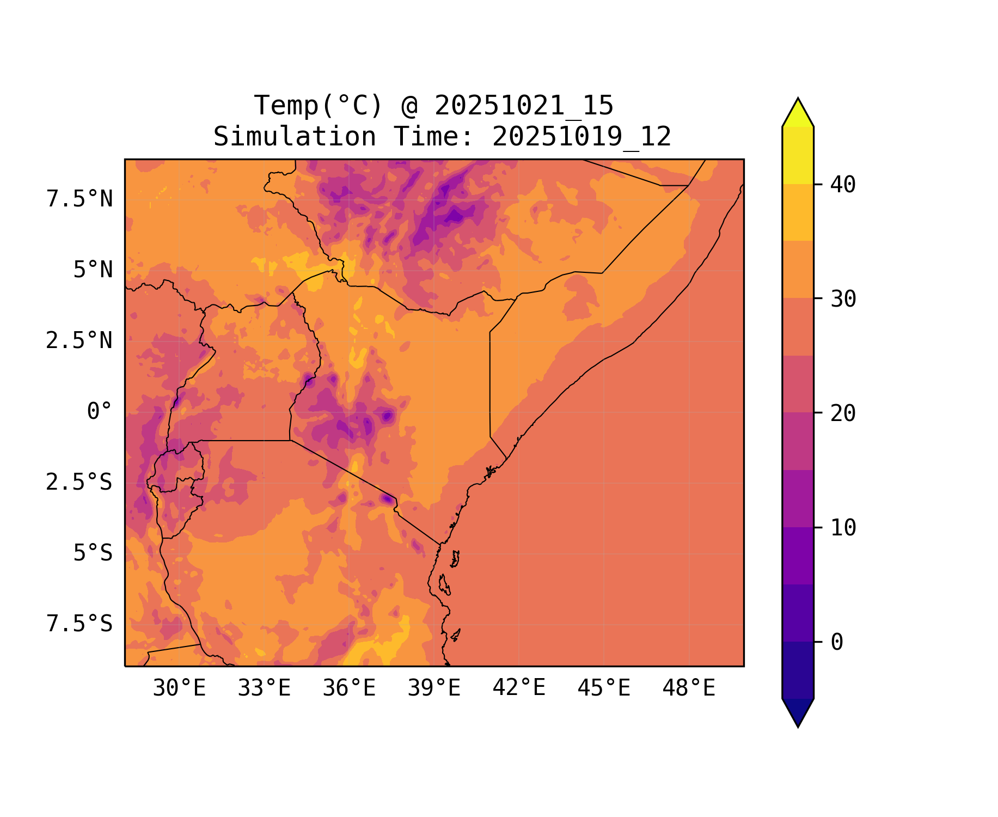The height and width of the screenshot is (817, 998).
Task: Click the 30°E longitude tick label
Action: point(179,688)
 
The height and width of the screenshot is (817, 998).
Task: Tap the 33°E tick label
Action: point(264,688)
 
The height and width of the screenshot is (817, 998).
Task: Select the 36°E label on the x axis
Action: point(349,688)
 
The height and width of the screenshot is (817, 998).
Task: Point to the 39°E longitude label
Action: point(434,688)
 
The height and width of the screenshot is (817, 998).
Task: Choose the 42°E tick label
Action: point(519,688)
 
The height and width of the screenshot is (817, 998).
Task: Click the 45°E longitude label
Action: point(604,688)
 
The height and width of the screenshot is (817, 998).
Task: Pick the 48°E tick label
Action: point(689,688)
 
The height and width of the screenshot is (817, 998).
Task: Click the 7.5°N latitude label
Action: point(79,199)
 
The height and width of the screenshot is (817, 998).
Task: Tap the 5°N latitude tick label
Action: point(93,270)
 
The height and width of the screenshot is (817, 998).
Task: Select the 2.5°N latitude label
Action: point(79,341)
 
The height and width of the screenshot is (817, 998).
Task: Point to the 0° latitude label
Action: point(100,412)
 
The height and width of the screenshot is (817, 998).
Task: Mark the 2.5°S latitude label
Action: point(79,483)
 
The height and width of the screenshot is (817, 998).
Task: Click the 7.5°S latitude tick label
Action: point(79,624)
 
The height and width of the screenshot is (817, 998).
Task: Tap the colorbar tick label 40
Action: point(843,185)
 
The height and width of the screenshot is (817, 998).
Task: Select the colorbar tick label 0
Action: point(837,643)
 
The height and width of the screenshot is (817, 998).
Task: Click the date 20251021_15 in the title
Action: point(524,106)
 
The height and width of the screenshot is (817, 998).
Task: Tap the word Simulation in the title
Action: point(295,137)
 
